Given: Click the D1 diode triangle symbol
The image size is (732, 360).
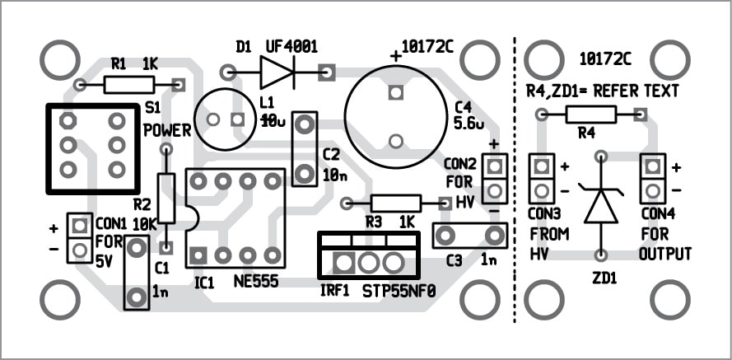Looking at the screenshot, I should (277, 72).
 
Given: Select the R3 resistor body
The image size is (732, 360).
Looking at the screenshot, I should (395, 203).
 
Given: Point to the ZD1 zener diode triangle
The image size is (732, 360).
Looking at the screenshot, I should (601, 207).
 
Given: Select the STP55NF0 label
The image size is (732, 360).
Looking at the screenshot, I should (399, 291).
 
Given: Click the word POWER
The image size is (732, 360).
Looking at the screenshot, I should (167, 130).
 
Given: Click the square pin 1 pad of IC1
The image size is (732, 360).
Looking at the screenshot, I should (198, 255).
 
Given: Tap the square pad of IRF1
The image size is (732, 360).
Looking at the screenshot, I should (344, 263).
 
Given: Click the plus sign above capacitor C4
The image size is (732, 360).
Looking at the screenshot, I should (395, 55).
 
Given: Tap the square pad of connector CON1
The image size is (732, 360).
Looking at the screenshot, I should (80, 224).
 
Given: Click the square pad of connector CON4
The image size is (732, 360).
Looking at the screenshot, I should (653, 167).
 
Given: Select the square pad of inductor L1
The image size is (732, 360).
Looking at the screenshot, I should (239, 119).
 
